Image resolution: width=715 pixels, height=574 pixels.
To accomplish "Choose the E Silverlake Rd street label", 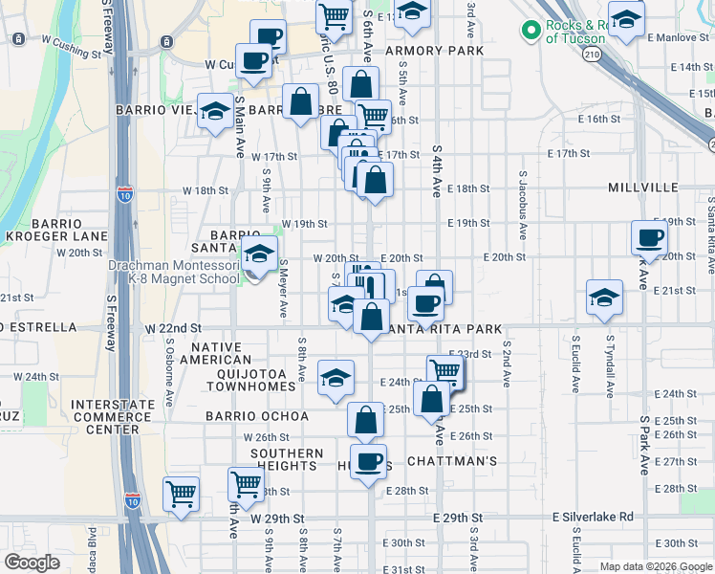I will point(593,517).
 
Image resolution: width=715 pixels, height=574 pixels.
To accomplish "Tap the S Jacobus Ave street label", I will point(523,206).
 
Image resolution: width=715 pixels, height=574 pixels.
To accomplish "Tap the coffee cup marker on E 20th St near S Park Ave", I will point(650,238).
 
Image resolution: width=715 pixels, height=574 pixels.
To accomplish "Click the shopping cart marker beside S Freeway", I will point(181,494).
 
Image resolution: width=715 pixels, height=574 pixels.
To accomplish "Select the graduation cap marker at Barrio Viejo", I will point(215,111).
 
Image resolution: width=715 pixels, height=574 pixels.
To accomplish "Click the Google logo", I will point(32,563).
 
